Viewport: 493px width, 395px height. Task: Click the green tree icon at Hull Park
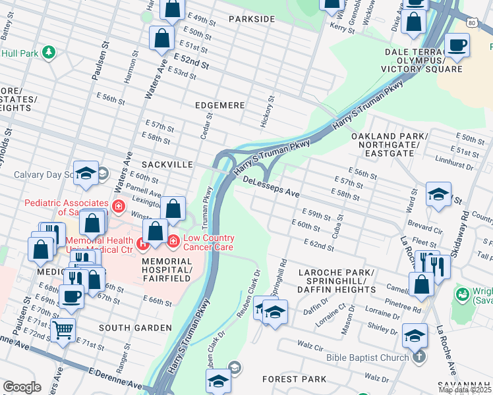point(47,51)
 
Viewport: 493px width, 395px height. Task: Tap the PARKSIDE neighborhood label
point(251,19)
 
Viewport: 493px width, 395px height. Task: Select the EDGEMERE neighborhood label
point(219,105)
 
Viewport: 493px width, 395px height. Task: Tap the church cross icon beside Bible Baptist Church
point(418,358)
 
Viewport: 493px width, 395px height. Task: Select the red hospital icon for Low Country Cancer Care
point(173,242)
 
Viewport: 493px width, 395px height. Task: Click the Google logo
point(22,387)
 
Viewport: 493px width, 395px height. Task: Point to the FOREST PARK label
point(294,379)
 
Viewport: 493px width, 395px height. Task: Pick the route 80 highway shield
point(473,22)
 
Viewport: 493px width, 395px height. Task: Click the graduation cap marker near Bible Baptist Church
point(415,335)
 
